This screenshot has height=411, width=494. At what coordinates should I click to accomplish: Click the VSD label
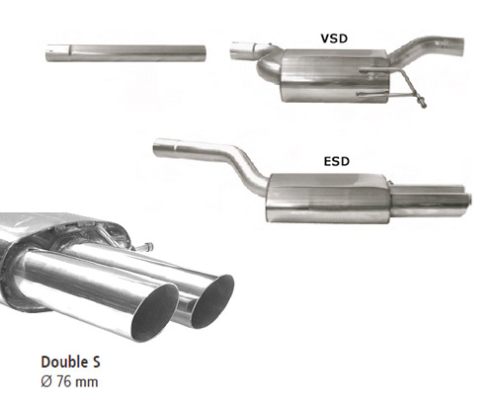click(334, 39)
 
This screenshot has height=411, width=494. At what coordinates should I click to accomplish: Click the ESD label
click(337, 161)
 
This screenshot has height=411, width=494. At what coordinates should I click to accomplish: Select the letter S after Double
click(95, 362)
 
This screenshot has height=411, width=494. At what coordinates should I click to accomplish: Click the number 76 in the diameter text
click(63, 382)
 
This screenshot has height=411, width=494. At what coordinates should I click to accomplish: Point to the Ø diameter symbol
click(46, 382)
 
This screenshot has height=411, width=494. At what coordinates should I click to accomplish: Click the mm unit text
click(86, 383)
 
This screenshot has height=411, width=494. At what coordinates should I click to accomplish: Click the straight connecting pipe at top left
click(125, 53)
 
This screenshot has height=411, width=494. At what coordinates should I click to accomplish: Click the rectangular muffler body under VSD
click(334, 76)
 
